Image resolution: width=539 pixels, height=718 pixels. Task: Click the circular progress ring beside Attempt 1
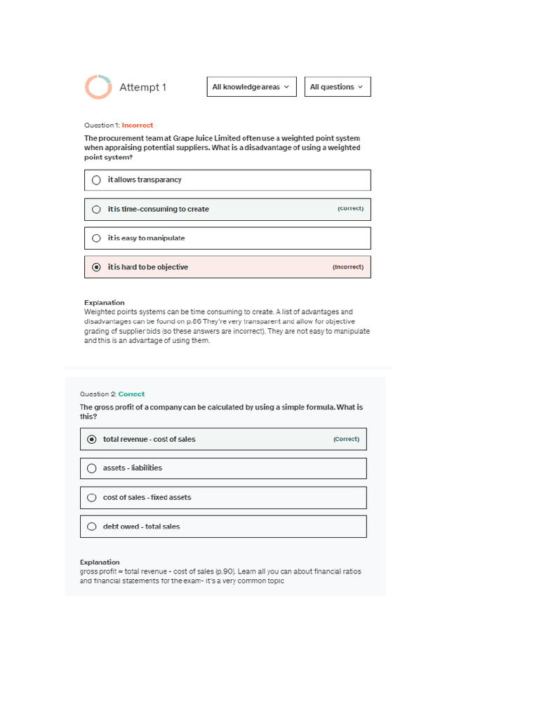coord(98,87)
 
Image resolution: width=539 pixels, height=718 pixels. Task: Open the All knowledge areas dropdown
coord(251,87)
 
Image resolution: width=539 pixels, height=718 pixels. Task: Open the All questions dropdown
coord(337,87)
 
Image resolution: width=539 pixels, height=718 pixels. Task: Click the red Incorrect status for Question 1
coord(138,126)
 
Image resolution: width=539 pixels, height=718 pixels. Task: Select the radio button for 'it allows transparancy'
coord(96,180)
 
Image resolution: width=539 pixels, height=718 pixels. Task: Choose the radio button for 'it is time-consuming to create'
coord(96,210)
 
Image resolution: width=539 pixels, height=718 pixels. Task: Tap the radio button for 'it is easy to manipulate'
coord(96,238)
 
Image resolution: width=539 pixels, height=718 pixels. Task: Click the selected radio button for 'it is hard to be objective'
coord(96,267)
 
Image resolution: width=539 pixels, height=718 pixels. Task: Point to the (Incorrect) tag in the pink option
coord(348,267)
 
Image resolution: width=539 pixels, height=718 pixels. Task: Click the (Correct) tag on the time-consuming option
coord(350,209)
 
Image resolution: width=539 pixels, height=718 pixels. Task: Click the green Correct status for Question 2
coord(131,395)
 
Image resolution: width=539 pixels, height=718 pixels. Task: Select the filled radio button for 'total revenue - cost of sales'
coord(92,440)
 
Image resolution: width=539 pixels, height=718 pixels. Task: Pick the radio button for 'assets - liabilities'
coord(92,468)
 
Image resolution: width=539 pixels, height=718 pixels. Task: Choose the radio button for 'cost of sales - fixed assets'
coord(92,498)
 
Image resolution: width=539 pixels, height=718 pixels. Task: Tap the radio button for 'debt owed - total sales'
coord(92,527)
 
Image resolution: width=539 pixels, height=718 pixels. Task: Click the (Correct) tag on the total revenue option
coord(346,440)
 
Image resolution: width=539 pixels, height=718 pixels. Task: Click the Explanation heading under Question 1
coord(104,303)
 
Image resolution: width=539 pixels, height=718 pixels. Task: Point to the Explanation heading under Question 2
coord(100,562)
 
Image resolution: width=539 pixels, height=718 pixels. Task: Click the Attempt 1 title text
coord(142,88)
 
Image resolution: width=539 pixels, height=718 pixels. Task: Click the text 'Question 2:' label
coord(98,395)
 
